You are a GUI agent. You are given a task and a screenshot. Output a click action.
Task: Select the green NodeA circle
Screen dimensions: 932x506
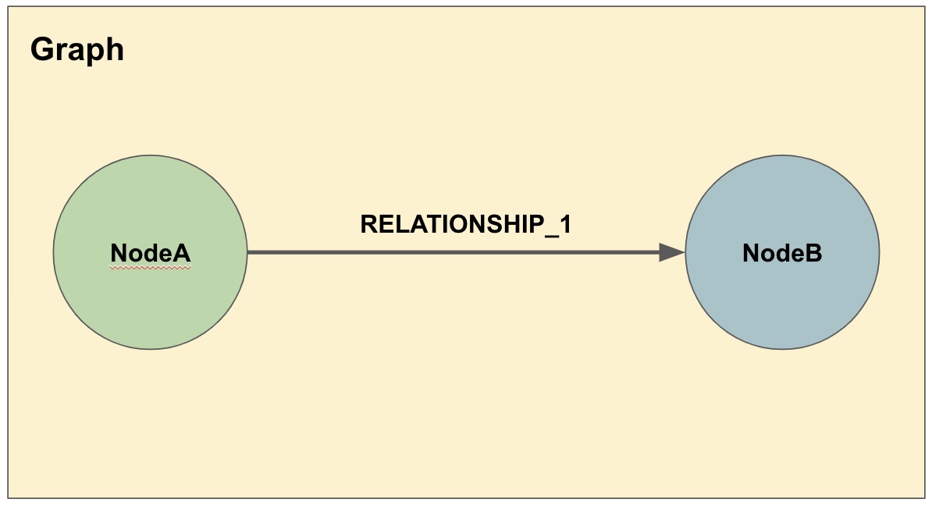[x=151, y=252]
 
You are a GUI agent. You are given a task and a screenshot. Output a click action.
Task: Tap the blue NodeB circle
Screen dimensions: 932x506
[x=782, y=252]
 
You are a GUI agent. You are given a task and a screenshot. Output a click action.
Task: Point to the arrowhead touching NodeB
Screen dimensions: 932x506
[x=672, y=253]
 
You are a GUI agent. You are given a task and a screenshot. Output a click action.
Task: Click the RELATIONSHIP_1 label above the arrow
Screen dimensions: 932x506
[x=465, y=225]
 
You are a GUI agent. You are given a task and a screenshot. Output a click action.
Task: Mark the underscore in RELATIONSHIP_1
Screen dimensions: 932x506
[x=552, y=236]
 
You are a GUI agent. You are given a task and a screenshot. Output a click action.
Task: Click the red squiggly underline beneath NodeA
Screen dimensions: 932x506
[x=151, y=268]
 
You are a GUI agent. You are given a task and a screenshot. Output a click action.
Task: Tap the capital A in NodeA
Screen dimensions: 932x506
[x=182, y=253]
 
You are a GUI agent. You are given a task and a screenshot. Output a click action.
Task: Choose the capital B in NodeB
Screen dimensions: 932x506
[x=813, y=253]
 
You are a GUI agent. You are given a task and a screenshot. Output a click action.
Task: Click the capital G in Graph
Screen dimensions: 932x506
[x=41, y=48]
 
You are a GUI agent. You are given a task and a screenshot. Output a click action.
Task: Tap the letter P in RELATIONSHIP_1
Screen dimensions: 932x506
[x=536, y=223]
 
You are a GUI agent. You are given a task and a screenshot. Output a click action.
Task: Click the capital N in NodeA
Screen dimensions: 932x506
[x=119, y=253]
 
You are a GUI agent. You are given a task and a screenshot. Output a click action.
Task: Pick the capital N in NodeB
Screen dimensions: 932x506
[x=752, y=253]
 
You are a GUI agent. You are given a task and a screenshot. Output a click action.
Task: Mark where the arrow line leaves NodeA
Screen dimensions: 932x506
[x=248, y=253]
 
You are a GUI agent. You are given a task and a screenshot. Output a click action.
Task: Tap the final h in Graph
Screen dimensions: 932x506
[x=116, y=48]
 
